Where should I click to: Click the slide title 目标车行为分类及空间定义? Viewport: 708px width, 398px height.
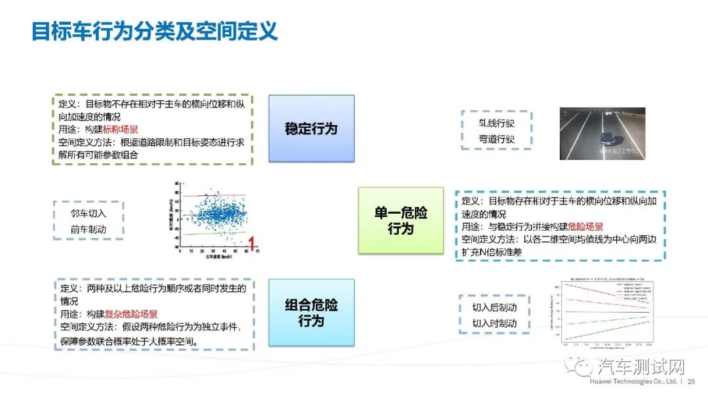pos(155,30)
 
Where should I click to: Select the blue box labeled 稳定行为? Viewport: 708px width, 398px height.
pos(311,129)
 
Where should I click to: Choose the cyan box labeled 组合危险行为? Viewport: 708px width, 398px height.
pos(311,312)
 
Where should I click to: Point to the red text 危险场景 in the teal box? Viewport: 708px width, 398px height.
pos(585,227)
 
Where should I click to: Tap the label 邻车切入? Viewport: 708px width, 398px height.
pos(88,214)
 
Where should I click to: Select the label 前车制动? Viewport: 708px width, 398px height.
pos(88,229)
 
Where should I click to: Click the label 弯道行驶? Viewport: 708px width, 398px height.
pos(496,139)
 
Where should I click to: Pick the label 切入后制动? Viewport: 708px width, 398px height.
pos(494,308)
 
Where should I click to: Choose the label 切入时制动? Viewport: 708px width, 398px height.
pos(494,323)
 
